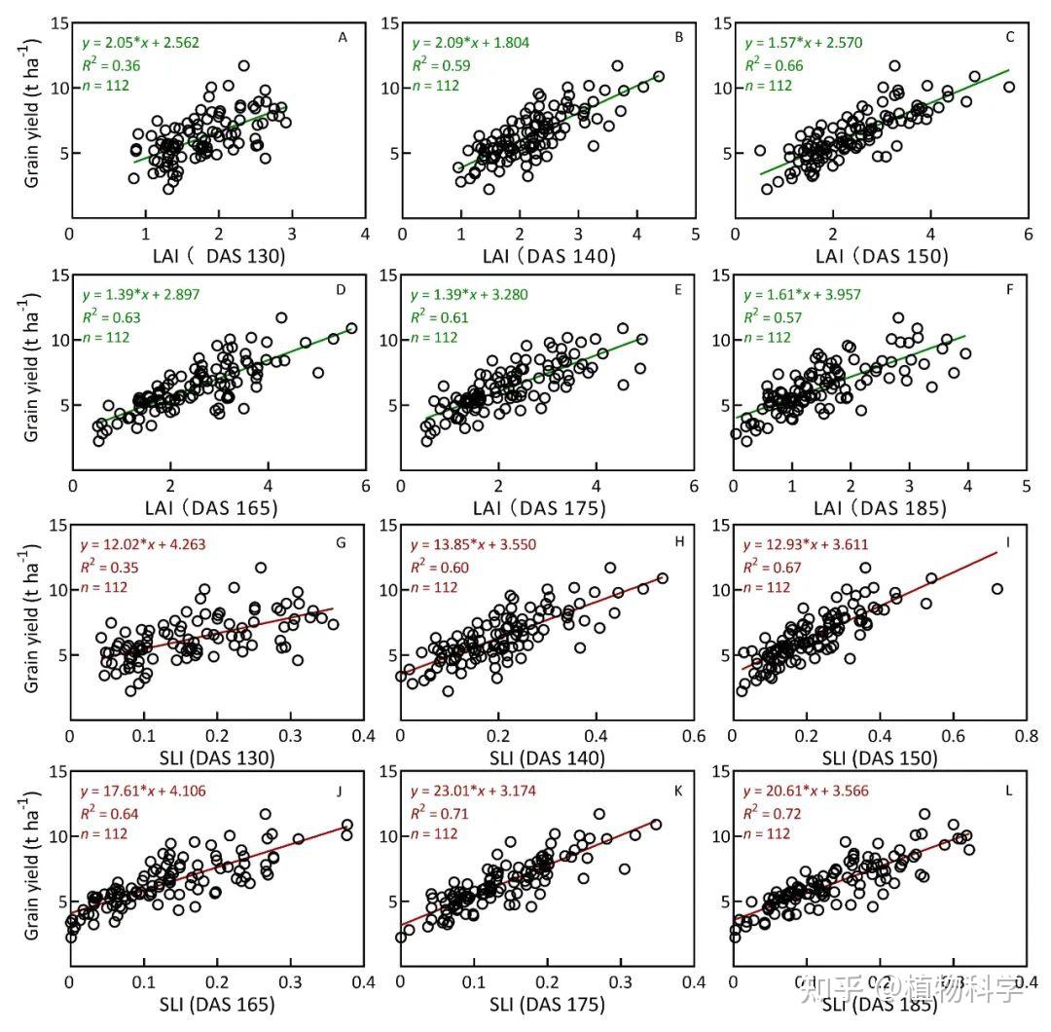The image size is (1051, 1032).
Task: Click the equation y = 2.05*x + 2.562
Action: [140, 43]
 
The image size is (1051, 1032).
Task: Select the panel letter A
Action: [343, 37]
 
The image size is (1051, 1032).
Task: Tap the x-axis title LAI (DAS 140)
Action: [549, 257]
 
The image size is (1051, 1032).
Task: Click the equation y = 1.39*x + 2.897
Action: [140, 294]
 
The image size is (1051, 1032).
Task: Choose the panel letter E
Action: [674, 288]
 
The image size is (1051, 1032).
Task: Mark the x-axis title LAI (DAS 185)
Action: [880, 508]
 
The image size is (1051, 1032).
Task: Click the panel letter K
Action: [674, 791]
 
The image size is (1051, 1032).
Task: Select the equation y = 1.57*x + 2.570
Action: [803, 43]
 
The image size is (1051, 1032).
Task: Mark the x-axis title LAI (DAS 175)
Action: [549, 508]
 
